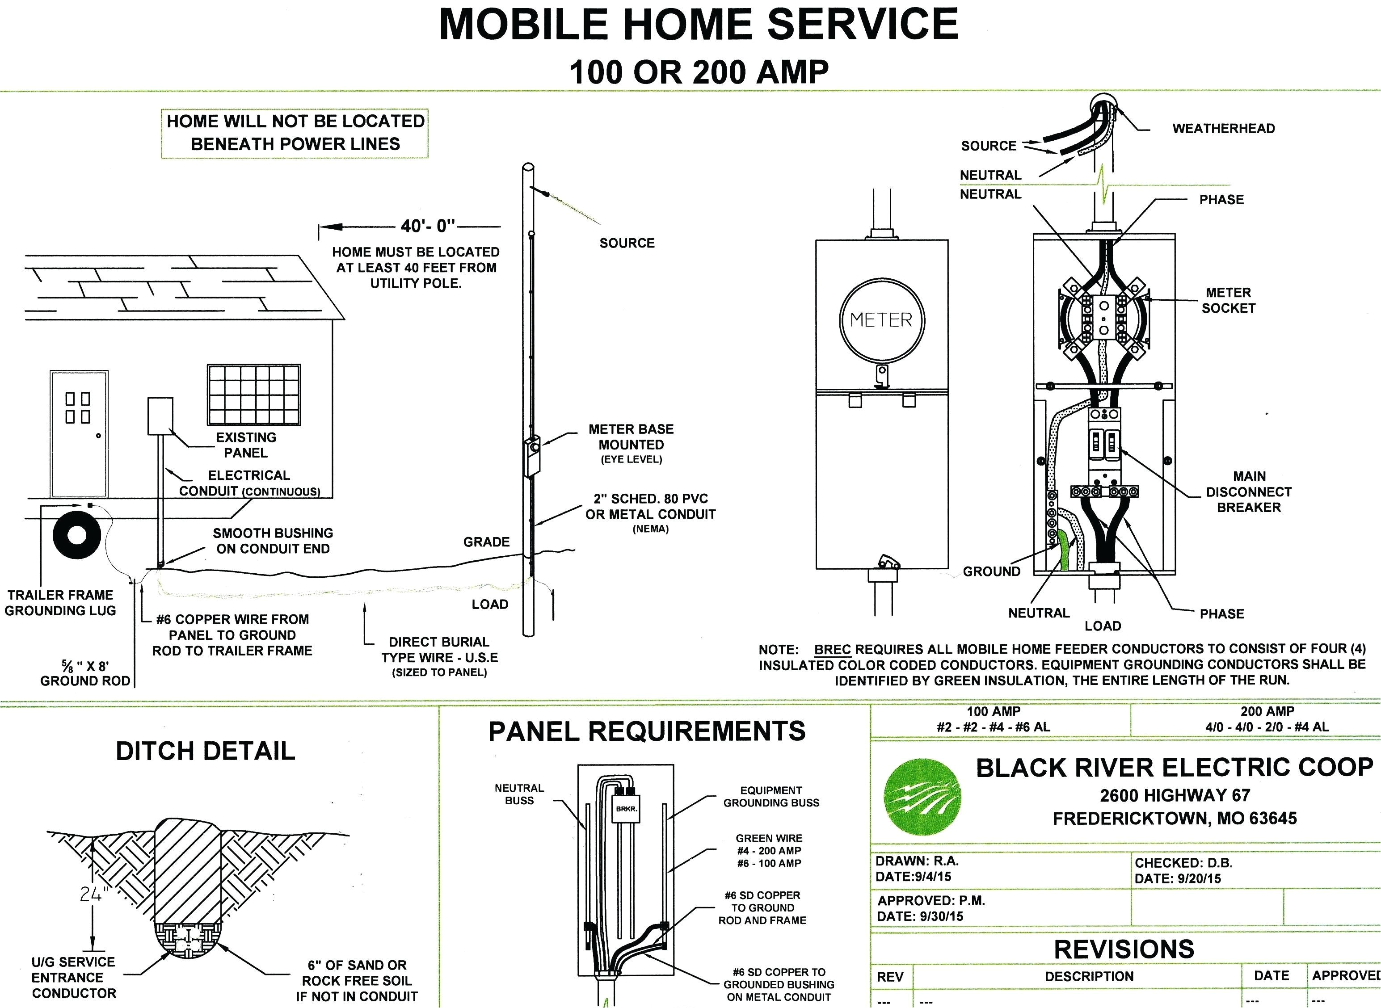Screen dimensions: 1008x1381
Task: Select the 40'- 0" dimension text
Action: [428, 227]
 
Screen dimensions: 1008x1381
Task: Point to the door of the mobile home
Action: [80, 433]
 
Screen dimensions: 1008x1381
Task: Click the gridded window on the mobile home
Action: [254, 395]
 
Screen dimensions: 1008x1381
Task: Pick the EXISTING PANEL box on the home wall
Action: [160, 416]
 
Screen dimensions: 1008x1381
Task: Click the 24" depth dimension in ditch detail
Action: [93, 894]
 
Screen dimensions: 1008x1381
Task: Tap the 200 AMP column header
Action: [1267, 711]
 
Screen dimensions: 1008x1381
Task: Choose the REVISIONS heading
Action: [1124, 949]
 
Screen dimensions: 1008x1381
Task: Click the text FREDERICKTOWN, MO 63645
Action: [1174, 818]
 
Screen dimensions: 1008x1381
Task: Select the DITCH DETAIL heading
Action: [205, 751]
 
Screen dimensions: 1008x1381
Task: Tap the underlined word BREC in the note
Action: [832, 649]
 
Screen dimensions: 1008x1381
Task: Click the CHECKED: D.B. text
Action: [1183, 863]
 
